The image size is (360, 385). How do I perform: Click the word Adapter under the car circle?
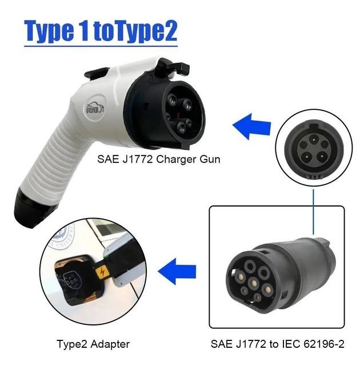(x=111, y=344)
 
